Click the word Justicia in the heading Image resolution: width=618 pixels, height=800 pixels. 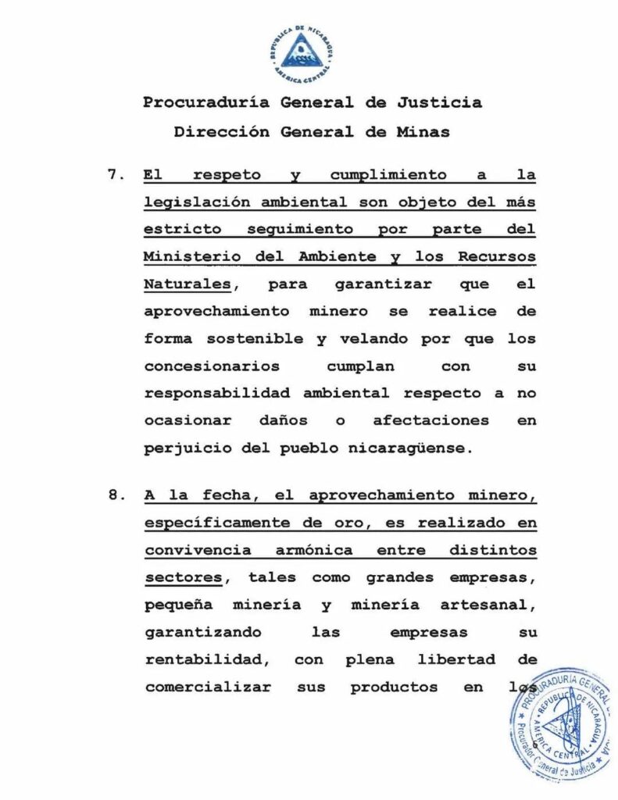tap(439, 102)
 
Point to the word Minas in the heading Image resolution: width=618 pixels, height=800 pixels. tap(423, 132)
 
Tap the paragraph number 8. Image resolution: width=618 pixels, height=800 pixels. tap(114, 495)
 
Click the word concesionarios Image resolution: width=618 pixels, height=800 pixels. tap(205, 366)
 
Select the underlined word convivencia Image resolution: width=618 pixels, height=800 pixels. tap(198, 549)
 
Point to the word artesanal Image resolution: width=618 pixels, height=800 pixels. tap(491, 605)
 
